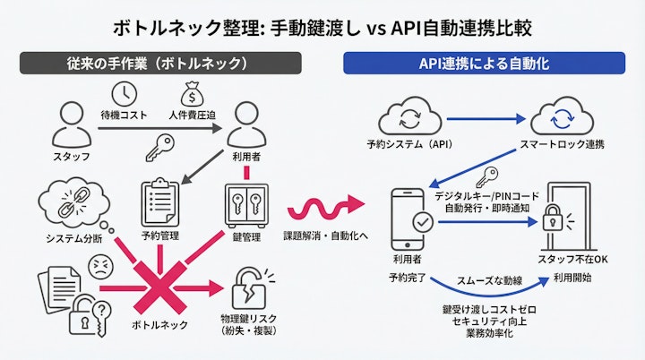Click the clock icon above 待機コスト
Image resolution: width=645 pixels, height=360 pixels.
(125, 93)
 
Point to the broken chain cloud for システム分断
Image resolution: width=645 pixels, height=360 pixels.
(68, 202)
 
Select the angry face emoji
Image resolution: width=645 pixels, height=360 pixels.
(101, 265)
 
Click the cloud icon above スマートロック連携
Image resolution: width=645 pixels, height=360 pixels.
(561, 119)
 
